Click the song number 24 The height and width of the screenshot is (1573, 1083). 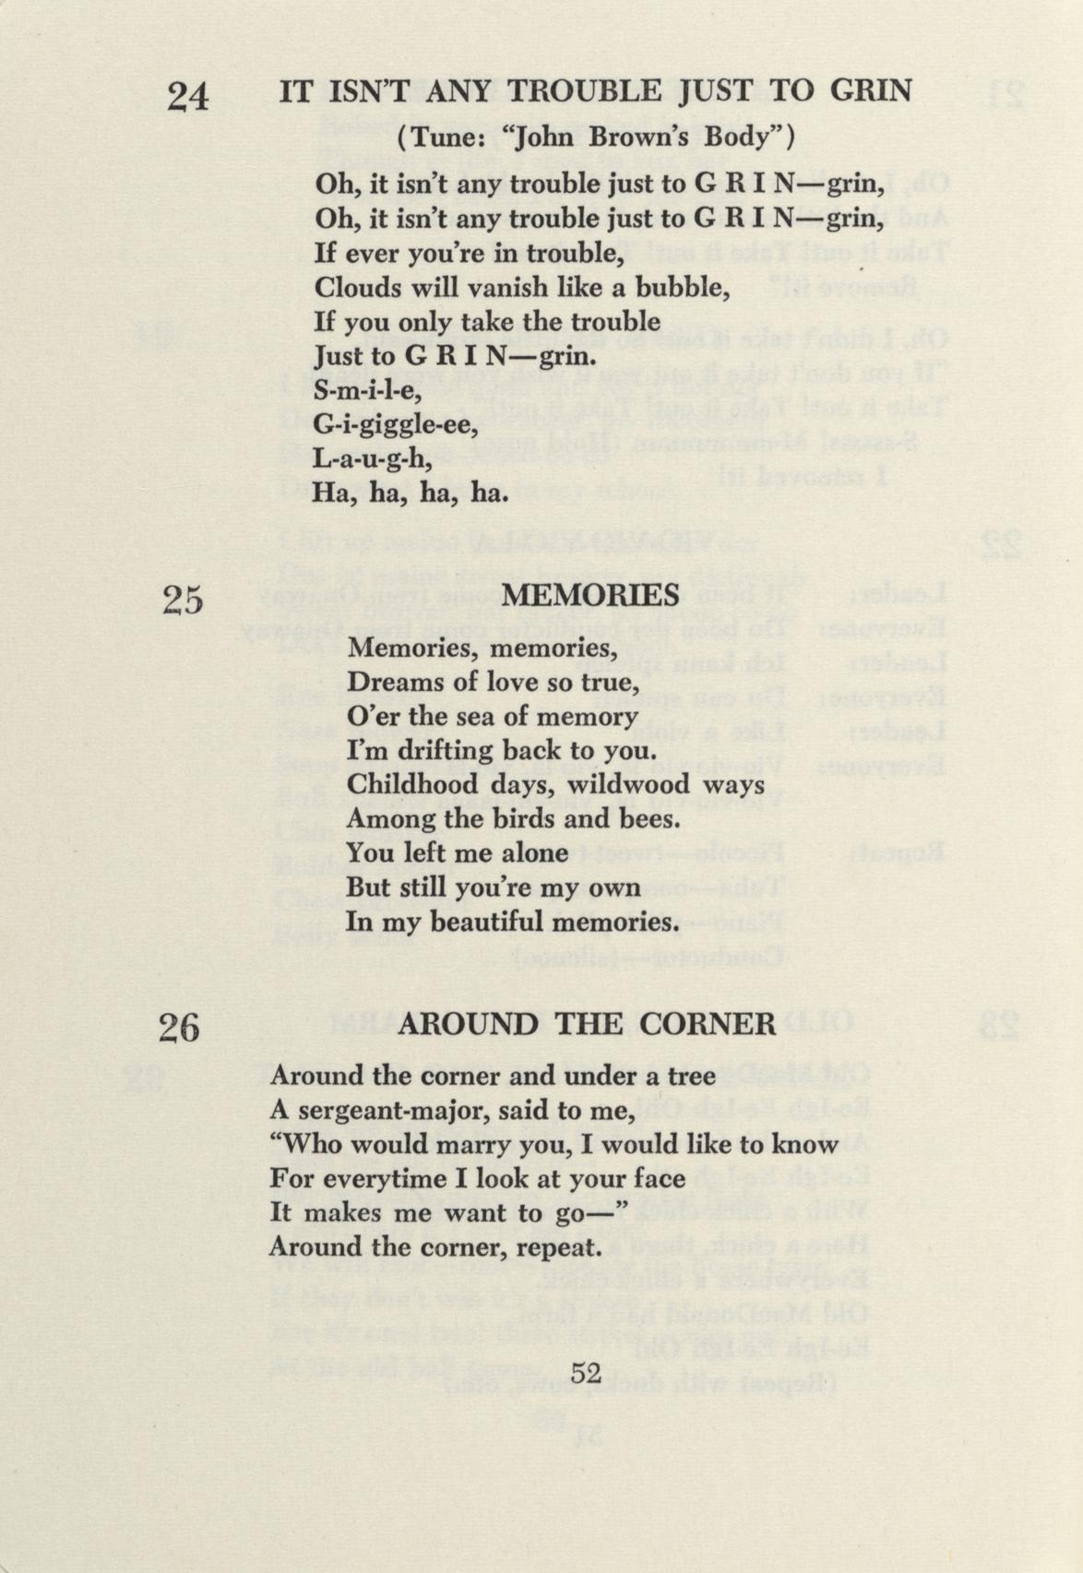[x=188, y=95]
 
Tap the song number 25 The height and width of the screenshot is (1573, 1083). [x=183, y=601]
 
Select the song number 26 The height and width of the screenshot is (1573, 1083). [x=179, y=1027]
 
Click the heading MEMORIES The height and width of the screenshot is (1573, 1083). [x=590, y=595]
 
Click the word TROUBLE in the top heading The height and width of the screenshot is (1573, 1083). [x=585, y=90]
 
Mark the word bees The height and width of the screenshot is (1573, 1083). [x=649, y=819]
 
